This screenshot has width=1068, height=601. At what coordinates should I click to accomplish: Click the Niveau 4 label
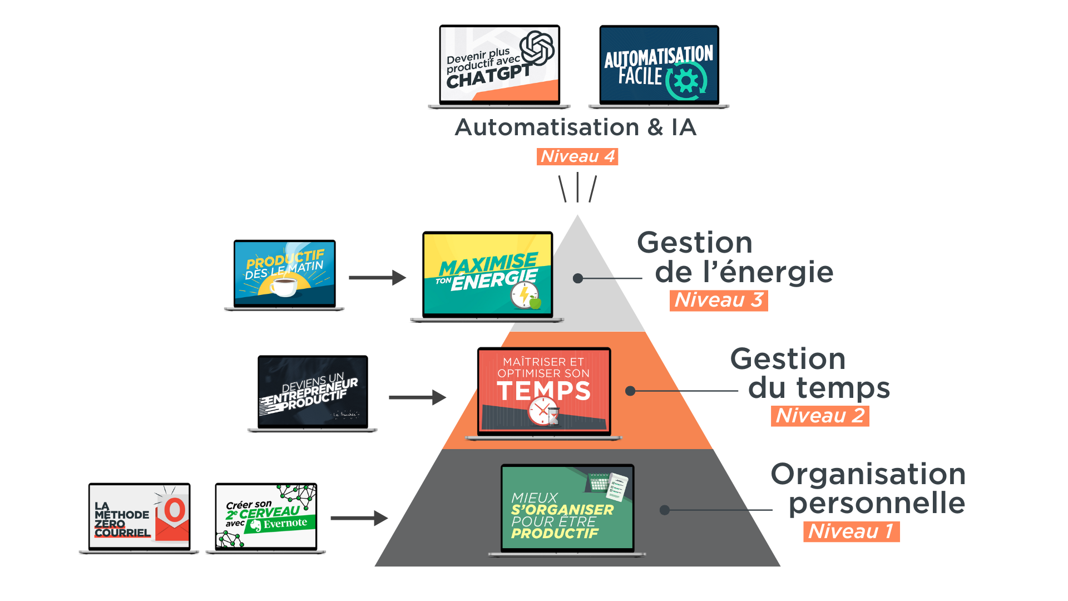coord(578,156)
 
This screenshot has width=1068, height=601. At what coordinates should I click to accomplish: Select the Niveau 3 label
coord(718,300)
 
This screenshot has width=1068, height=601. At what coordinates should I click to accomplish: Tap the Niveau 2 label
coord(820,416)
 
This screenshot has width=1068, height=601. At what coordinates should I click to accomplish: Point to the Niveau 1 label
coord(851,531)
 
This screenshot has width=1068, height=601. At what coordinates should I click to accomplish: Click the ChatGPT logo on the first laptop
coord(537,48)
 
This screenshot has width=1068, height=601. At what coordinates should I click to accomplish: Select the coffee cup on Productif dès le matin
coord(284,287)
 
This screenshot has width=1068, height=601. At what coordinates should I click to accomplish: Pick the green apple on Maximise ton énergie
coord(535,303)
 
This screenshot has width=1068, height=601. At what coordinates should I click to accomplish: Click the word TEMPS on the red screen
coord(543,391)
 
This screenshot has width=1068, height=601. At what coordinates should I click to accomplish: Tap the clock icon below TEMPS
coord(541,412)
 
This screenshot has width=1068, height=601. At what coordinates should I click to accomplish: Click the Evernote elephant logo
coord(256,525)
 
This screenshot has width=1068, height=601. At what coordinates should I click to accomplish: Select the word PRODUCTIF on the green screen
coord(555,534)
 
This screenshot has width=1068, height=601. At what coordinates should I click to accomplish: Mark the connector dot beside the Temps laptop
coord(630,391)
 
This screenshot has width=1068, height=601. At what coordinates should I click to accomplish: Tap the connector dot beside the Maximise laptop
coord(578,278)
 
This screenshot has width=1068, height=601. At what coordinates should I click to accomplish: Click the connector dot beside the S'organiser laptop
coord(664,510)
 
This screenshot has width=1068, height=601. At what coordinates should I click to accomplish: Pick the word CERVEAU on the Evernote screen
coord(270,513)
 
